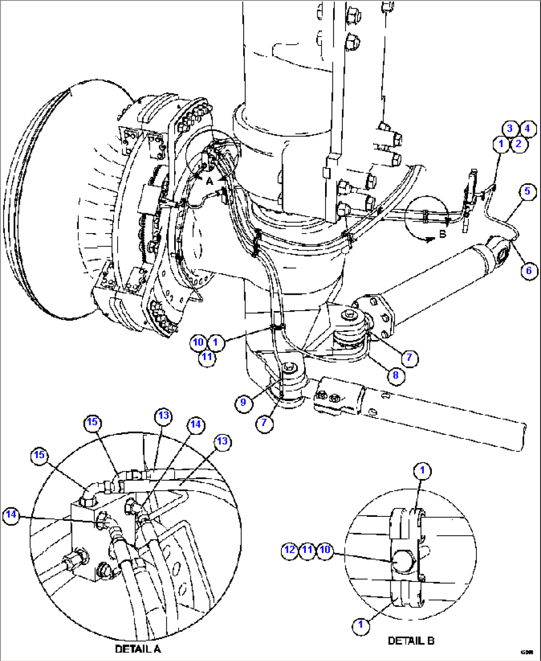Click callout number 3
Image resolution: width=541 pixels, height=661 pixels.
510,129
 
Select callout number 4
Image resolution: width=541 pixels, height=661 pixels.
527,129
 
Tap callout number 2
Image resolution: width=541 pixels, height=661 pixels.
519,144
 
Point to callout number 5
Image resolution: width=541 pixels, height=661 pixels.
527,191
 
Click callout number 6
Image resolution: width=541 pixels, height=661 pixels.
529,270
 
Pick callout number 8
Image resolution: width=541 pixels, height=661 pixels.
396,375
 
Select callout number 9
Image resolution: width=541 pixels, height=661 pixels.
243,402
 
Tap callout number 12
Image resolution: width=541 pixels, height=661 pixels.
290,550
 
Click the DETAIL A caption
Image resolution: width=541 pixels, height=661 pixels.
137,649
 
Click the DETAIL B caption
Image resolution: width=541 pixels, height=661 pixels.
410,641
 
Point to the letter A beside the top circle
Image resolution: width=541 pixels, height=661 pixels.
209,181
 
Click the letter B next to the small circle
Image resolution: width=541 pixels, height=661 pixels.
443,234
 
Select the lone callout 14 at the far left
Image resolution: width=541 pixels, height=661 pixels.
11,514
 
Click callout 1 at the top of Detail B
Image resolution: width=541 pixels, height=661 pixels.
422,471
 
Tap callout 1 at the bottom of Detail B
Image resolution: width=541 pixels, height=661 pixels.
361,625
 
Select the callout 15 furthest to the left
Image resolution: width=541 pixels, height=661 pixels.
39,455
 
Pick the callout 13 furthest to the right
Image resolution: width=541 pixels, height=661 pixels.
222,441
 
